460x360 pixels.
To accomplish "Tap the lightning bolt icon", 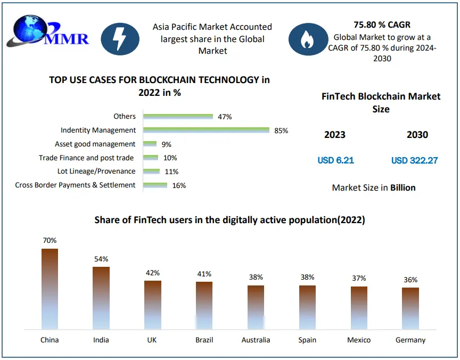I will tap(120, 39).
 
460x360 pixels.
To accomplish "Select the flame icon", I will tap(307, 39).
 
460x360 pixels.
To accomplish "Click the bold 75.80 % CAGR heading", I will tap(382, 25).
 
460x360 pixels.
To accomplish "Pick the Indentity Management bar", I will tap(207, 130).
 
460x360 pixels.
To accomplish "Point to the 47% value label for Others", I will tap(225, 117).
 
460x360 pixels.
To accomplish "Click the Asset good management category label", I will tap(95, 144).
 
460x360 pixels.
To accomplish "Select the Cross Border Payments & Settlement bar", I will tap(155, 185).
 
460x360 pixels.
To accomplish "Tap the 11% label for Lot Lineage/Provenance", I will tap(171, 171).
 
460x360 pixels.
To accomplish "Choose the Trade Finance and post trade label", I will tap(86, 158).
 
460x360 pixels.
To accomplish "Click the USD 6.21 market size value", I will tap(335, 160).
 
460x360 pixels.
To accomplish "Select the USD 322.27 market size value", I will tap(414, 160).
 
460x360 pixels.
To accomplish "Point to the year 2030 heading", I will tap(417, 135).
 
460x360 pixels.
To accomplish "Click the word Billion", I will tap(402, 187).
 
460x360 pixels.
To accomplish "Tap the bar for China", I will tap(50, 289).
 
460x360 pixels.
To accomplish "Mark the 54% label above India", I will tap(101, 259).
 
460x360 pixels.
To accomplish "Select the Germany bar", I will tap(410, 308).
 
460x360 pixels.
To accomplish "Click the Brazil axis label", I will tap(204, 340).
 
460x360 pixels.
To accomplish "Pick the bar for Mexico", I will tap(359, 308).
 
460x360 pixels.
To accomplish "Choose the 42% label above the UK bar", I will tap(153, 273).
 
